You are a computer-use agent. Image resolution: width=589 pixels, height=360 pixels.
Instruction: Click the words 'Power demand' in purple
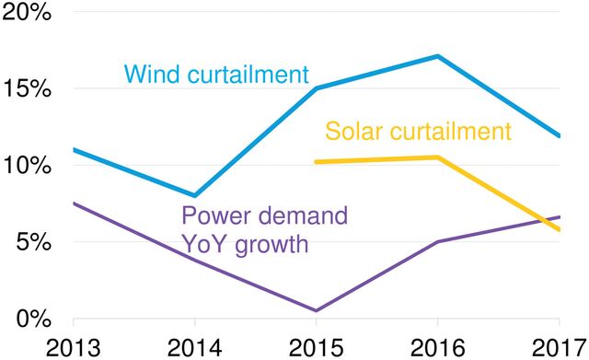[x=265, y=217]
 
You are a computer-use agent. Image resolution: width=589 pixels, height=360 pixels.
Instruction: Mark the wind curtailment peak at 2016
[x=438, y=56]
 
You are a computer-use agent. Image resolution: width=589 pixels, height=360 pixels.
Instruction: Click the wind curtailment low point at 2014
[x=194, y=195]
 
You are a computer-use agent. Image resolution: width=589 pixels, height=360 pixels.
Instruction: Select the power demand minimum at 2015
[x=317, y=310]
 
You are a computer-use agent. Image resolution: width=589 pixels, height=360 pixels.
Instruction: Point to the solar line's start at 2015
[x=317, y=162]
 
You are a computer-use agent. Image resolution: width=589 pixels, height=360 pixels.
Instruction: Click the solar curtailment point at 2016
[x=438, y=157]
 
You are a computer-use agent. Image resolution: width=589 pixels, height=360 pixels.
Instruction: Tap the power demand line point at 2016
[x=438, y=242]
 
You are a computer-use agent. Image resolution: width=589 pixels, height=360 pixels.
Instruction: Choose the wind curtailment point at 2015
[x=317, y=88]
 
